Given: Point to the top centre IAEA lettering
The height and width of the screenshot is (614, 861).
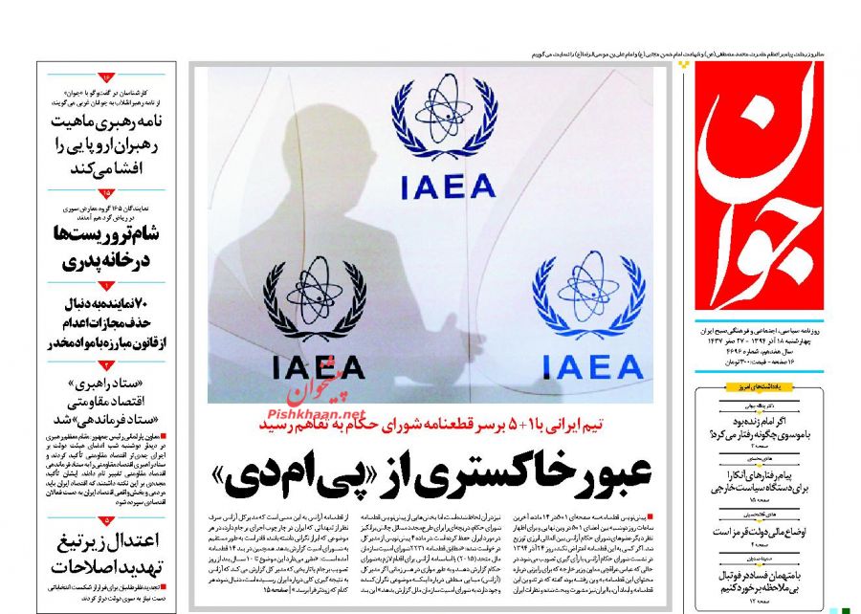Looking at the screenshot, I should (443, 185).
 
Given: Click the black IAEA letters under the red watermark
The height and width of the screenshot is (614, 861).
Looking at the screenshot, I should (318, 367).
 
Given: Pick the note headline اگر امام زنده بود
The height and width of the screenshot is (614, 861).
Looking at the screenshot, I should (772, 426).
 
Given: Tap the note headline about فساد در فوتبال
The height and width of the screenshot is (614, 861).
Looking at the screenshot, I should (772, 581).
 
